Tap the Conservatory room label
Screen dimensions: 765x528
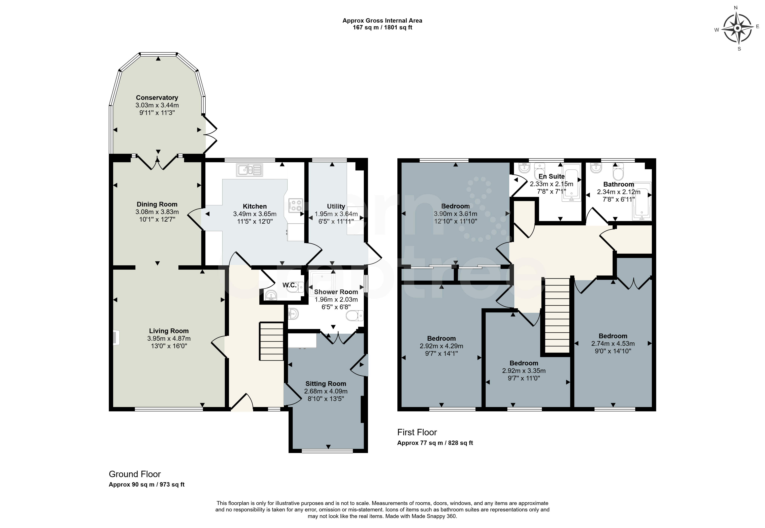[157, 98]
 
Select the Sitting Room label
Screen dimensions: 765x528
[326, 384]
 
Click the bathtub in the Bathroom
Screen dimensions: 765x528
[642, 201]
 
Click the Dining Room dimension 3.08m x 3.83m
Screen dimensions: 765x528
[157, 212]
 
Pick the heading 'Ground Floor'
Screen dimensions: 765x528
[135, 474]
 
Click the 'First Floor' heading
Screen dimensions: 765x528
[417, 432]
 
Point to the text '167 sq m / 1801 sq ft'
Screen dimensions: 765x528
[382, 28]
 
